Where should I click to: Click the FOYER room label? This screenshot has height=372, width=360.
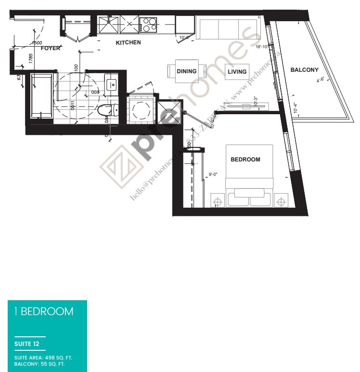coord(51,48)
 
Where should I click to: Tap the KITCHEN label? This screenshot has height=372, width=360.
coord(128,42)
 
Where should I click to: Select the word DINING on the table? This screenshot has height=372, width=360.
coord(186,71)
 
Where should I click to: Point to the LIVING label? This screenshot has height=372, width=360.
coord(237,72)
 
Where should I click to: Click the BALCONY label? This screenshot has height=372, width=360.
coord(304,70)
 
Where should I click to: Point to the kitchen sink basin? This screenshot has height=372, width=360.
coord(108,25)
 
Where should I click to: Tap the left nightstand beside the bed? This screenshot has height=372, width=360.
coord(218,200)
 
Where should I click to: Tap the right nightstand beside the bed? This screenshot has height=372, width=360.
coord(281,200)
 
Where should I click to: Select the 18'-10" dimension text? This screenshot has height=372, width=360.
coord(265,47)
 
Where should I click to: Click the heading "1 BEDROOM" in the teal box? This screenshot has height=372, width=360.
coord(44,311)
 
